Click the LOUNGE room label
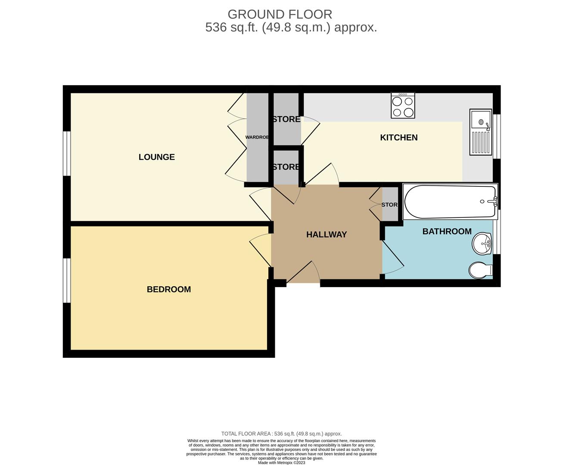(156, 157)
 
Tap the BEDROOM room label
(168, 289)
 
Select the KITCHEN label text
(398, 138)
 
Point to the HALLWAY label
(326, 235)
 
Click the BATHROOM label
(447, 232)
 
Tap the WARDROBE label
(257, 137)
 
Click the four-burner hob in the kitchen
(403, 105)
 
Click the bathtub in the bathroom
(450, 201)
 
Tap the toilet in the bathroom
(480, 270)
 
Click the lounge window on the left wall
(67, 153)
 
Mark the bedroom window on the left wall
(67, 280)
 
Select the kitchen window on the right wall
(497, 136)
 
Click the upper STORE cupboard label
(286, 119)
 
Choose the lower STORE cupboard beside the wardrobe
(286, 167)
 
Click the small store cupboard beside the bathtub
(390, 205)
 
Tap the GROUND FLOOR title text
(280, 14)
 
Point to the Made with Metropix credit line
(281, 462)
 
